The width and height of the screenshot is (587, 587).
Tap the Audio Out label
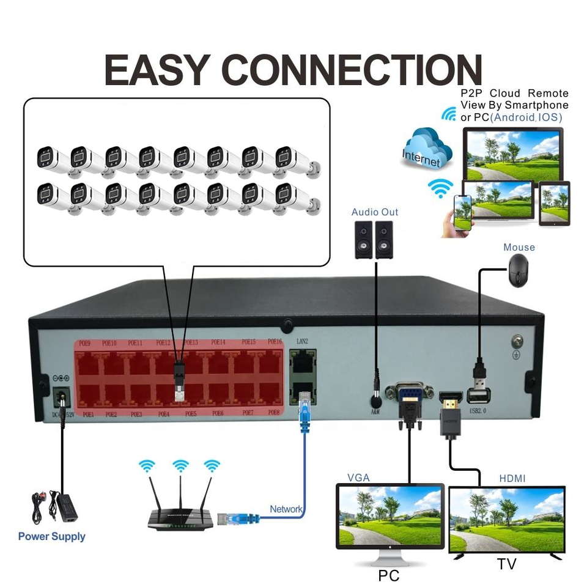point(374,212)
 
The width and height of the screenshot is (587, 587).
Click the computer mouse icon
point(518,270)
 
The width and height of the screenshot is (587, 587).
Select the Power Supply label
point(51,537)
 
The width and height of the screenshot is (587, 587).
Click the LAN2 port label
point(302,341)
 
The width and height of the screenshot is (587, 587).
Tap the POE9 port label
point(84,343)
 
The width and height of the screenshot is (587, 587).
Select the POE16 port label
point(274,342)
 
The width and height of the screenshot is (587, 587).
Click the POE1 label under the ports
point(88,414)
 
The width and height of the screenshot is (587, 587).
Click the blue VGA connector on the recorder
point(409,394)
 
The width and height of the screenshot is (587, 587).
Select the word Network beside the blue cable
point(286,509)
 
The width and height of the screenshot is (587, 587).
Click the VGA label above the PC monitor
point(358,478)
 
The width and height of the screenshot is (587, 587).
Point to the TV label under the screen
point(506,564)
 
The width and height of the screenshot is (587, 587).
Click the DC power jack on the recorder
point(61,398)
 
